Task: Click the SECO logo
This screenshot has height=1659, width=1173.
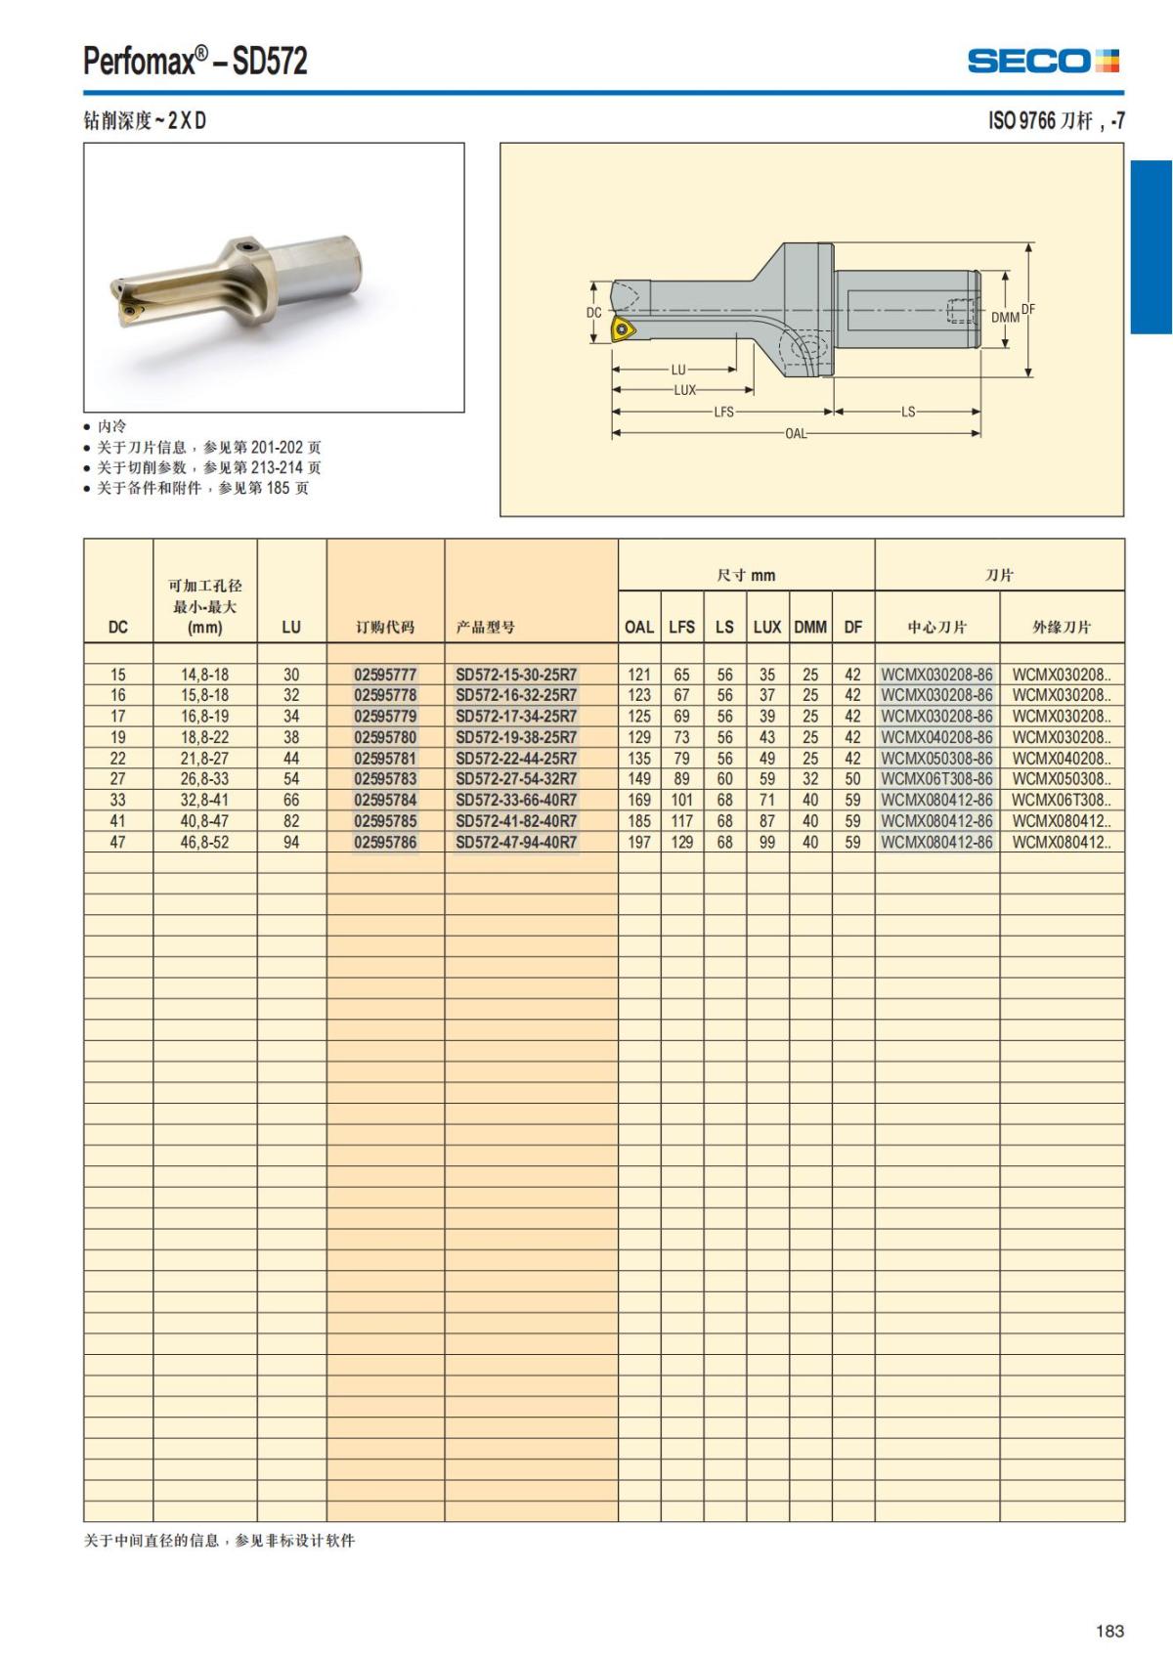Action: click(x=1043, y=61)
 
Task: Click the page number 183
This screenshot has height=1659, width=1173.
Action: click(x=1109, y=1631)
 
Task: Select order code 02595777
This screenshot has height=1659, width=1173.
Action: click(x=385, y=675)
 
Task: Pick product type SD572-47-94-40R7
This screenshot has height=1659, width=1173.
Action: click(x=516, y=842)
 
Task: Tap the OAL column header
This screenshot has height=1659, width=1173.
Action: click(x=639, y=627)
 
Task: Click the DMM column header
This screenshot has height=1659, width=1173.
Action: click(x=810, y=627)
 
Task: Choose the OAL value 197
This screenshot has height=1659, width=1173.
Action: click(x=639, y=842)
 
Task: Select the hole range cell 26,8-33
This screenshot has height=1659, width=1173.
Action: click(x=204, y=779)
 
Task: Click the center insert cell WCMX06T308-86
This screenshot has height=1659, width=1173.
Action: click(x=936, y=779)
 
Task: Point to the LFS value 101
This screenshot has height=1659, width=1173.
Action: click(x=681, y=800)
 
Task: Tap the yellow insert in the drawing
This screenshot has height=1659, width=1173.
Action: click(x=623, y=328)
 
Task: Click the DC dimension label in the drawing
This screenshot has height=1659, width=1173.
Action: click(x=594, y=313)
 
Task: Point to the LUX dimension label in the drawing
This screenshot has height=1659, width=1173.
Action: click(x=684, y=390)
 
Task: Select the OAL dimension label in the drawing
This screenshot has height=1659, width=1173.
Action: click(x=796, y=433)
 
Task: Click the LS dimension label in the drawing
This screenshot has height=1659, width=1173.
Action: click(x=908, y=412)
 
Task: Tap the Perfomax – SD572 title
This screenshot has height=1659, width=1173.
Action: click(x=195, y=62)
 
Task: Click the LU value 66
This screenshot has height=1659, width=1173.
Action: click(x=291, y=800)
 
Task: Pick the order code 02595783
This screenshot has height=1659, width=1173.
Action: click(x=385, y=779)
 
